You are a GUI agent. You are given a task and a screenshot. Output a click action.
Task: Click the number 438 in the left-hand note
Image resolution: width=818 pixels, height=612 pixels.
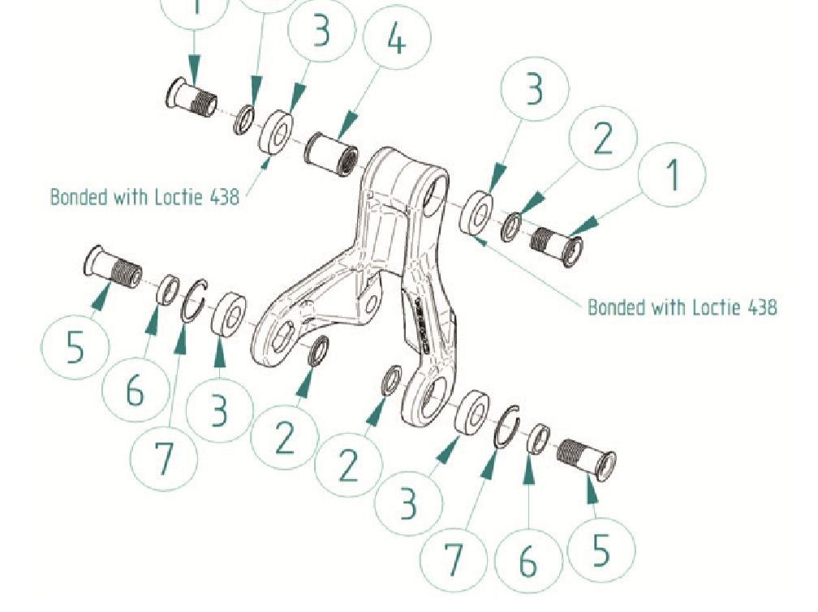[x=222, y=197]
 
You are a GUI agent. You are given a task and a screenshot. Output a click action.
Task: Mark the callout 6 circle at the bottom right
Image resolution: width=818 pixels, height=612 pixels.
[x=528, y=560]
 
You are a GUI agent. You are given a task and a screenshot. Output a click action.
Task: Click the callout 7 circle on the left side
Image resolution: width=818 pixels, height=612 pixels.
[x=165, y=456]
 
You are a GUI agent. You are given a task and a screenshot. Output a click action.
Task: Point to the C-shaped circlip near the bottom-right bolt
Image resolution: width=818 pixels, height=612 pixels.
[x=507, y=426]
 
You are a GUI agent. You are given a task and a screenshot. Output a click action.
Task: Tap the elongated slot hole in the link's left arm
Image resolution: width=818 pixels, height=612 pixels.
[x=280, y=339]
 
